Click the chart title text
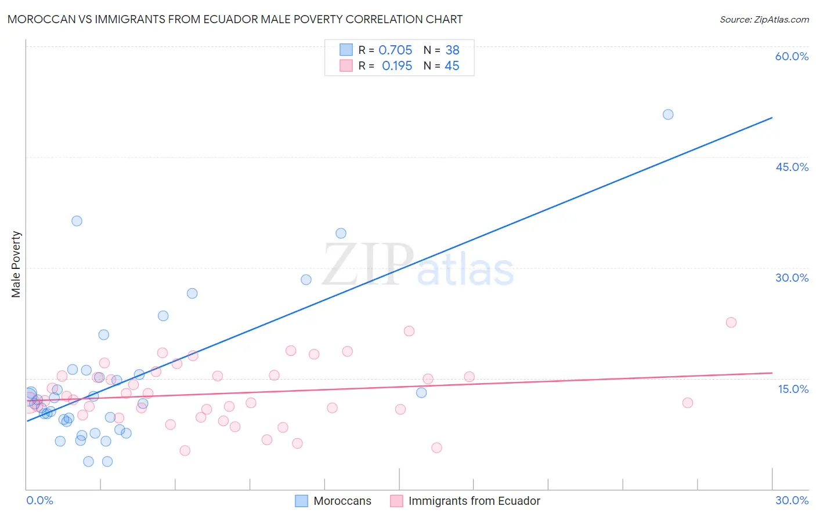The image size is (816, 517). click(235, 19)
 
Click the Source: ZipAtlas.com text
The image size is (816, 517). click(764, 20)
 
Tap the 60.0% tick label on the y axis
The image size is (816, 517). click(792, 56)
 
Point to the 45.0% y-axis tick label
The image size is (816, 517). click(792, 167)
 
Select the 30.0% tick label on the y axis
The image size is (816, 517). click(792, 278)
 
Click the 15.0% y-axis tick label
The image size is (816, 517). click(793, 389)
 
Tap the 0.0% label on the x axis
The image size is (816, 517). click(40, 500)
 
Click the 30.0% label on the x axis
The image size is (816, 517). click(792, 500)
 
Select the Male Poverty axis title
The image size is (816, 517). click(16, 264)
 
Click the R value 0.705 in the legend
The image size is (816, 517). click(395, 50)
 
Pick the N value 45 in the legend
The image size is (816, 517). click(452, 66)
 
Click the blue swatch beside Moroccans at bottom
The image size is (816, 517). click(301, 501)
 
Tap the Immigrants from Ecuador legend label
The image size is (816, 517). click(474, 501)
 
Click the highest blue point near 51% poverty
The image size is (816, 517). click(668, 115)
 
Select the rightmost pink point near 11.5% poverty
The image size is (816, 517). click(688, 403)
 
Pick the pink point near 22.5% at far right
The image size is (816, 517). click(731, 322)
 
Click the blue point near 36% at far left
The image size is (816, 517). click(77, 221)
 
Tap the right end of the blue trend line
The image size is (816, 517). click(772, 118)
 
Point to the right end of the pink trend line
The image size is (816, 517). click(772, 373)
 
